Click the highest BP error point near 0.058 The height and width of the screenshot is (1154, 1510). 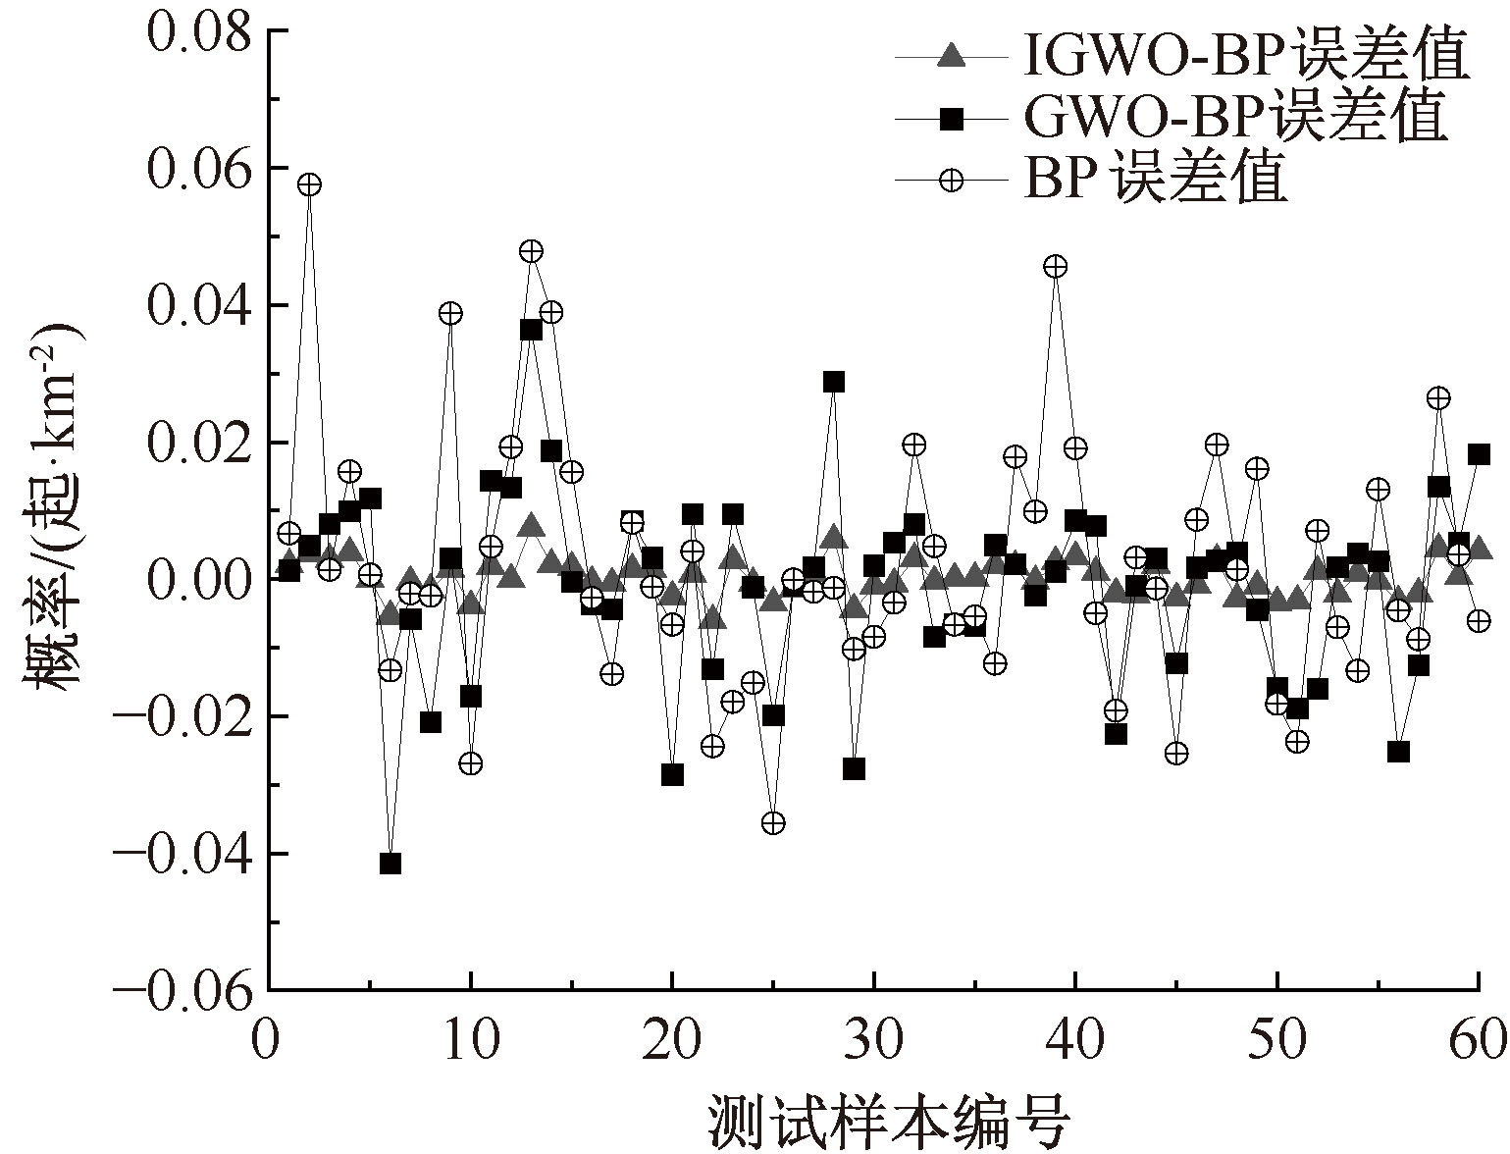coord(310,184)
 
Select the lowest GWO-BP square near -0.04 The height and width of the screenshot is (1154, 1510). coord(390,864)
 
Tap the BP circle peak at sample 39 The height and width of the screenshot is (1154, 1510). coord(1055,266)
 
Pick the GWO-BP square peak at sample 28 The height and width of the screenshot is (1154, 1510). coord(834,382)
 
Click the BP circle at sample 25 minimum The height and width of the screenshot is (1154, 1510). coord(773,822)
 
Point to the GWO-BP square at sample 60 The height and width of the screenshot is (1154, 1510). coord(1479,454)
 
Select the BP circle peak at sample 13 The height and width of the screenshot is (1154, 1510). coord(531,251)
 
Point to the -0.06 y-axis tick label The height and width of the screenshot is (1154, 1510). coord(182,990)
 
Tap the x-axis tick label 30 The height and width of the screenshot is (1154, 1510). coord(872,1038)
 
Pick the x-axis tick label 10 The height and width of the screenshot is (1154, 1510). coord(470,1038)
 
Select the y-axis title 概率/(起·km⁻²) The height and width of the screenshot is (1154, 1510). coord(55,510)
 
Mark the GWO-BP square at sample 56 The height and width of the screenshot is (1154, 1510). coord(1398,752)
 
